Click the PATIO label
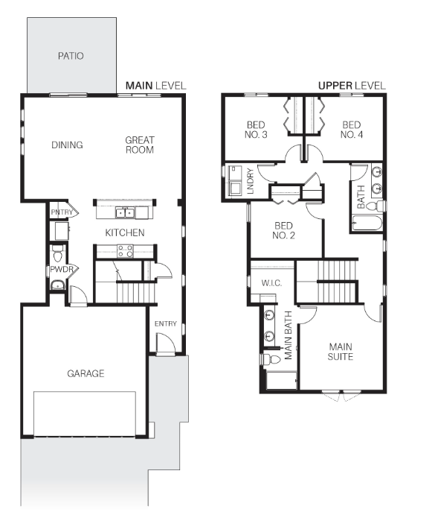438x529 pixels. (x=71, y=56)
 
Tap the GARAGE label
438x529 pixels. (x=86, y=373)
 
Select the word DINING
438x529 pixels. (x=67, y=145)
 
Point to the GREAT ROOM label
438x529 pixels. (x=140, y=145)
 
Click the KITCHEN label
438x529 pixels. (x=125, y=232)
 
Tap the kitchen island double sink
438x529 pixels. (x=125, y=213)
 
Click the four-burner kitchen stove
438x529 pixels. (x=125, y=251)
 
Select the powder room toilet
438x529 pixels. (x=57, y=254)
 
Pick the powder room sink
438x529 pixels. (x=58, y=285)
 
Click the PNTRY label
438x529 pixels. (x=62, y=212)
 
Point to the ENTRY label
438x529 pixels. (x=166, y=324)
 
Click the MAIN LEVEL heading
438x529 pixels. (x=156, y=86)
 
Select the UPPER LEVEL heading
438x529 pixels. (x=352, y=86)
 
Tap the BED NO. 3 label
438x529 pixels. (x=256, y=130)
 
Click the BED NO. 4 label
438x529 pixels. (x=352, y=130)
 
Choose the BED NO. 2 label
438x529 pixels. (x=283, y=230)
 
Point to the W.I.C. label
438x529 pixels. (x=271, y=283)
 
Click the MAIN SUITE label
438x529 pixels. (x=341, y=352)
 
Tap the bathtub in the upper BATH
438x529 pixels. (x=367, y=223)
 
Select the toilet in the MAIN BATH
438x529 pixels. (x=271, y=360)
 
